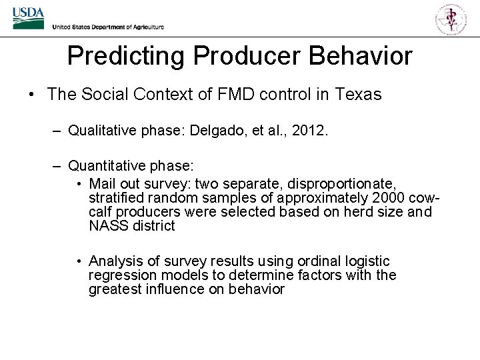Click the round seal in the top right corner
pos(451,18)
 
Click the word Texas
pos(359,95)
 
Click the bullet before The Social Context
pos(32,95)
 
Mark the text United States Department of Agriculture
pos(108,27)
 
